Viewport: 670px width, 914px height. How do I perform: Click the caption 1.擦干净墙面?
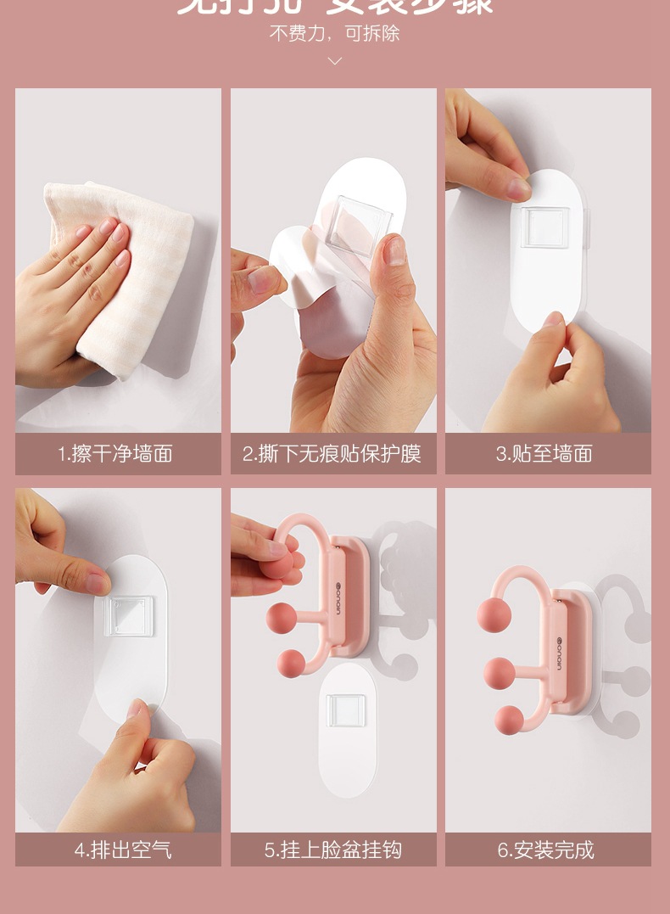point(115,454)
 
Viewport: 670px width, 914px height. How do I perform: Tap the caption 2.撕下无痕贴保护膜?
point(332,454)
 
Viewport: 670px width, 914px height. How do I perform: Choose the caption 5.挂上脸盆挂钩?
point(332,850)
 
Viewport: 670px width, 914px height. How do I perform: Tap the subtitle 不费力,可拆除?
point(334,34)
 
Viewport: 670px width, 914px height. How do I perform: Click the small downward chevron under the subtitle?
point(334,61)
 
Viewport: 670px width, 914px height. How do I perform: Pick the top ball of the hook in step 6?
point(494,615)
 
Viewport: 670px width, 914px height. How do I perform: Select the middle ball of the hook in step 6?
point(500,673)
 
